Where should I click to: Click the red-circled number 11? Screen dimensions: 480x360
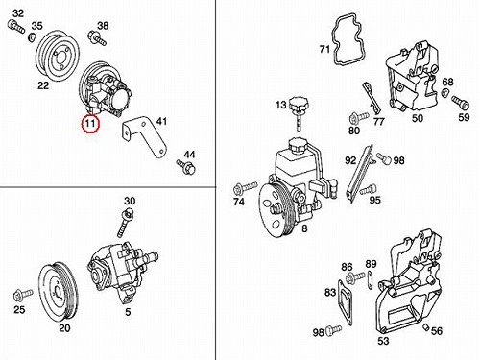pyautogui.click(x=90, y=123)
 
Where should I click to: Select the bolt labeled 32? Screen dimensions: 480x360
pyautogui.click(x=16, y=26)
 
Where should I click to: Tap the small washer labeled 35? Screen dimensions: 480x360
pyautogui.click(x=33, y=37)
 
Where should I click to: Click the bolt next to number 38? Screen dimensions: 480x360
pyautogui.click(x=97, y=38)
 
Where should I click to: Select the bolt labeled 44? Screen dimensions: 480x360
pyautogui.click(x=185, y=166)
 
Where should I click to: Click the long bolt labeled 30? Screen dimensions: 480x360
pyautogui.click(x=126, y=223)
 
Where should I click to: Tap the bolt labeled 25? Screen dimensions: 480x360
pyautogui.click(x=23, y=295)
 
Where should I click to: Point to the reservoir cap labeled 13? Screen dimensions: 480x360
pyautogui.click(x=297, y=113)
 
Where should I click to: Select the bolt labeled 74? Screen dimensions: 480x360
pyautogui.click(x=246, y=188)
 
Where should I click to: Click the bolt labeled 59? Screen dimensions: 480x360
pyautogui.click(x=461, y=103)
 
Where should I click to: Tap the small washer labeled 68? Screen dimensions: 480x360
pyautogui.click(x=444, y=93)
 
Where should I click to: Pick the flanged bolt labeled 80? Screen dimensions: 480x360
pyautogui.click(x=359, y=118)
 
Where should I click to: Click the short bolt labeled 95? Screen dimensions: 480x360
pyautogui.click(x=368, y=189)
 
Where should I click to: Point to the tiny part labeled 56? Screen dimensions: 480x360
pyautogui.click(x=425, y=326)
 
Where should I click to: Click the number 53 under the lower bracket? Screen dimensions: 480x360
pyautogui.click(x=383, y=341)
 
